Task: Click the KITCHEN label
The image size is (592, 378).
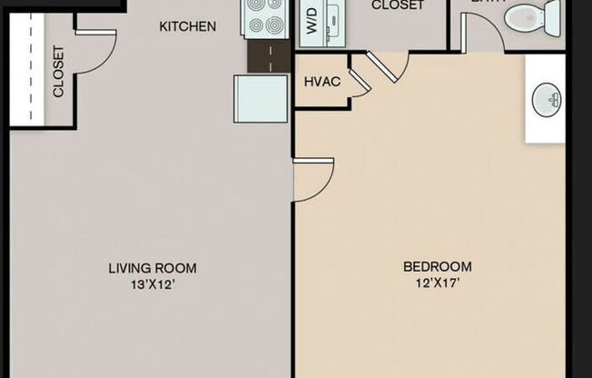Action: click(188, 26)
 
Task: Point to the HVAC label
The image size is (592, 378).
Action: click(321, 82)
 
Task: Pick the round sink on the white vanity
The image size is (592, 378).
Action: click(546, 97)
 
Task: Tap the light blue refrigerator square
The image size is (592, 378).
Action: click(261, 98)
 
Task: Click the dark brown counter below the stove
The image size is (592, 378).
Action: click(269, 55)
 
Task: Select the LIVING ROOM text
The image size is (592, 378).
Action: click(153, 268)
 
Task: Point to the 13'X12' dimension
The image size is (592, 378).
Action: click(153, 283)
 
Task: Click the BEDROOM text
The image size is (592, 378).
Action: click(438, 266)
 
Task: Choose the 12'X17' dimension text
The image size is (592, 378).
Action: click(438, 283)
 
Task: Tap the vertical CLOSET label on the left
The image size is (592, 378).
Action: click(58, 72)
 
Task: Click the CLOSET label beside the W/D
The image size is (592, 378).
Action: click(398, 5)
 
